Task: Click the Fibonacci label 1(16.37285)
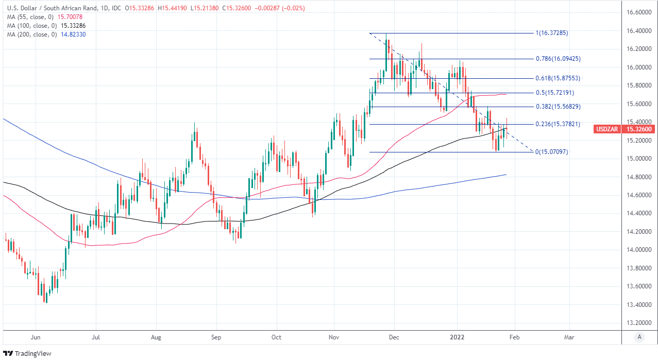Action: coord(552,33)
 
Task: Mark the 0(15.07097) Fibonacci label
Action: coord(552,152)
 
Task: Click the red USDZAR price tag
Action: coord(624,129)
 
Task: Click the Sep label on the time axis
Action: coord(216,337)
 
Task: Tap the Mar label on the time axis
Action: coord(569,337)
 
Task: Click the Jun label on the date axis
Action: coord(36,337)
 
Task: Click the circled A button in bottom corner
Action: coord(639,337)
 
